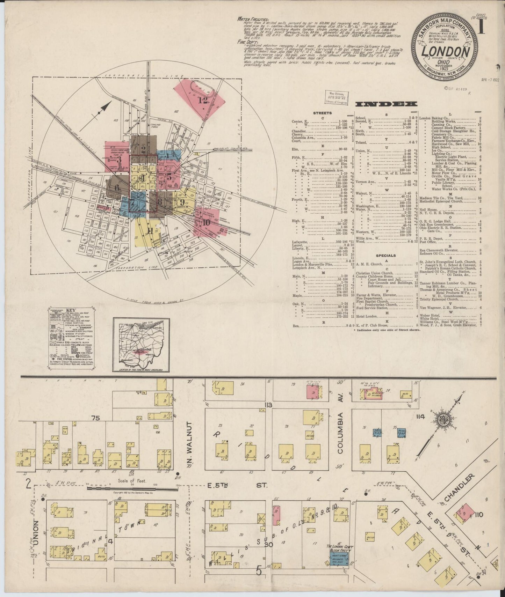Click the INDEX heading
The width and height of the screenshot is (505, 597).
click(387, 104)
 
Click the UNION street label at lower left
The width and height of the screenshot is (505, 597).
click(39, 523)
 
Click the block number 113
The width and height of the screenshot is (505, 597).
click(268, 405)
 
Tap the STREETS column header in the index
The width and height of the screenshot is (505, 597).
click(323, 113)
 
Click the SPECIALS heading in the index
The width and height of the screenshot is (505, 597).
click(386, 255)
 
